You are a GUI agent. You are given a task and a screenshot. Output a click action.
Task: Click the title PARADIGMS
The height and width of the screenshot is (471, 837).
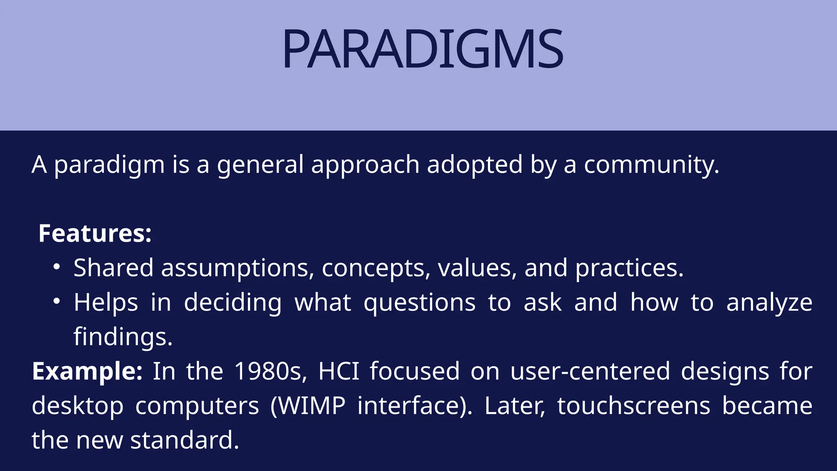point(423,49)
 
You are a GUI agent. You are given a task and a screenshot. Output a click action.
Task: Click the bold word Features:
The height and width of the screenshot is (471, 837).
point(95,233)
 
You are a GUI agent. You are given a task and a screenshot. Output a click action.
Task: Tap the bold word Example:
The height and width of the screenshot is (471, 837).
point(87,371)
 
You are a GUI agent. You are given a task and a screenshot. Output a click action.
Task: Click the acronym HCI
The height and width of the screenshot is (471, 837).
point(338,371)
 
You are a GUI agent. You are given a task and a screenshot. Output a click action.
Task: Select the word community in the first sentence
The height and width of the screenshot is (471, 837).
point(651,165)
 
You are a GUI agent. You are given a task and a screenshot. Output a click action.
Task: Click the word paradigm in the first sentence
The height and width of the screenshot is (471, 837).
point(109,165)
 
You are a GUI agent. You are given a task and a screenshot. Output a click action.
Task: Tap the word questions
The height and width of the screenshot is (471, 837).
point(419,303)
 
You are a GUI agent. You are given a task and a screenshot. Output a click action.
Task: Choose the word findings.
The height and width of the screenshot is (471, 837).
point(123,337)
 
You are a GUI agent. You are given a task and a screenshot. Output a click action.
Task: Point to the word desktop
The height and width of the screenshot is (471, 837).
point(78,406)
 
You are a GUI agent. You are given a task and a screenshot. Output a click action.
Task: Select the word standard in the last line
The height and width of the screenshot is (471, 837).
point(184,440)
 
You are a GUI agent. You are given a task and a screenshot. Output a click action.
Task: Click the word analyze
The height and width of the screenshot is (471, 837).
point(769,303)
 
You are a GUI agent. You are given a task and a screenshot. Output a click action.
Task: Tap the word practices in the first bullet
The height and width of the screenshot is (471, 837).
point(629,268)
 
